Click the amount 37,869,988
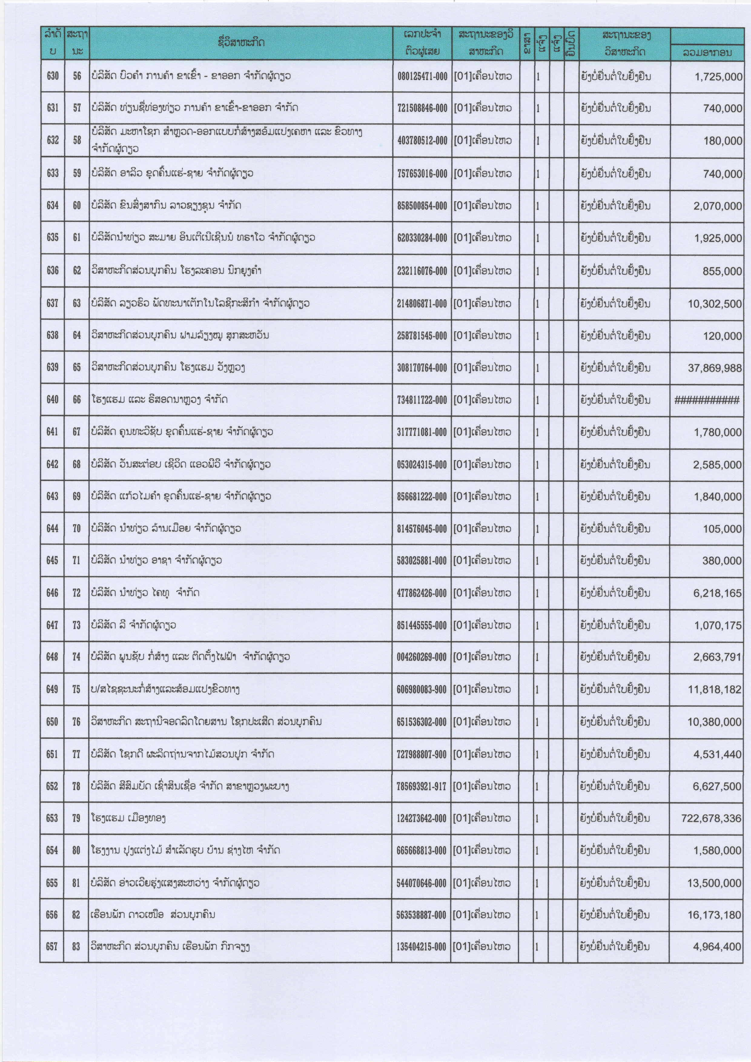pyautogui.click(x=714, y=368)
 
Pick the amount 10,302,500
pyautogui.click(x=714, y=304)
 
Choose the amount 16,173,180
pyautogui.click(x=714, y=915)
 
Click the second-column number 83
pyautogui.click(x=76, y=947)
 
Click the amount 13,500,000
pyautogui.click(x=714, y=883)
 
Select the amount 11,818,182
pyautogui.click(x=714, y=690)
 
